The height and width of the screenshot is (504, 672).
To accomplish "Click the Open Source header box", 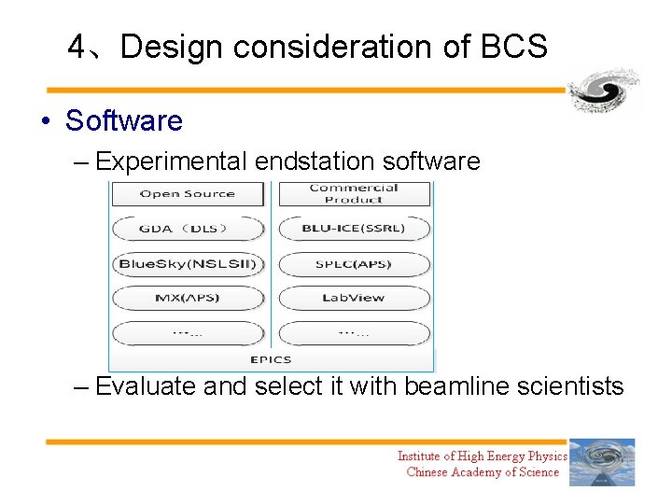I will pyautogui.click(x=188, y=194).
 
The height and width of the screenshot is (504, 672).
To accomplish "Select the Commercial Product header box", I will pyautogui.click(x=354, y=193).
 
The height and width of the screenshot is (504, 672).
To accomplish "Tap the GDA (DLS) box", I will pyautogui.click(x=188, y=229).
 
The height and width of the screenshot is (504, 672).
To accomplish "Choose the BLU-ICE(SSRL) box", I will pyautogui.click(x=354, y=229).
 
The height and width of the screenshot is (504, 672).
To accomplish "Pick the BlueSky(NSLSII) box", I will pyautogui.click(x=188, y=264).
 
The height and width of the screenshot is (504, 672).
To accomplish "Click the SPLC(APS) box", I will pyautogui.click(x=354, y=264).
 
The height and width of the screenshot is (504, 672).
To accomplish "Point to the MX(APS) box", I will pyautogui.click(x=188, y=299).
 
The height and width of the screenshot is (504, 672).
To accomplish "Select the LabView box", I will pyautogui.click(x=354, y=299).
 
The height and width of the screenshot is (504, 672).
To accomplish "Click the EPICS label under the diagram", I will pyautogui.click(x=271, y=359).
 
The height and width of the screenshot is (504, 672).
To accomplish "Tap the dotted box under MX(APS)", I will pyautogui.click(x=188, y=333).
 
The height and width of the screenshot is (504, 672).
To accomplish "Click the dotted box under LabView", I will pyautogui.click(x=354, y=333).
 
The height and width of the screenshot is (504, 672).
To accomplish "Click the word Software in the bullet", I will pyautogui.click(x=124, y=120).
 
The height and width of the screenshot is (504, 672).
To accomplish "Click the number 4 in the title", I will pyautogui.click(x=77, y=46).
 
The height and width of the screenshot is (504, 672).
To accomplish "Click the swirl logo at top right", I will pyautogui.click(x=604, y=91).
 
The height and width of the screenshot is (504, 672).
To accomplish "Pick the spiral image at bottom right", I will pyautogui.click(x=602, y=462).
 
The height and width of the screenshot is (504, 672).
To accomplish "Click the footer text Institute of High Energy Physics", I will pyautogui.click(x=482, y=456).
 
